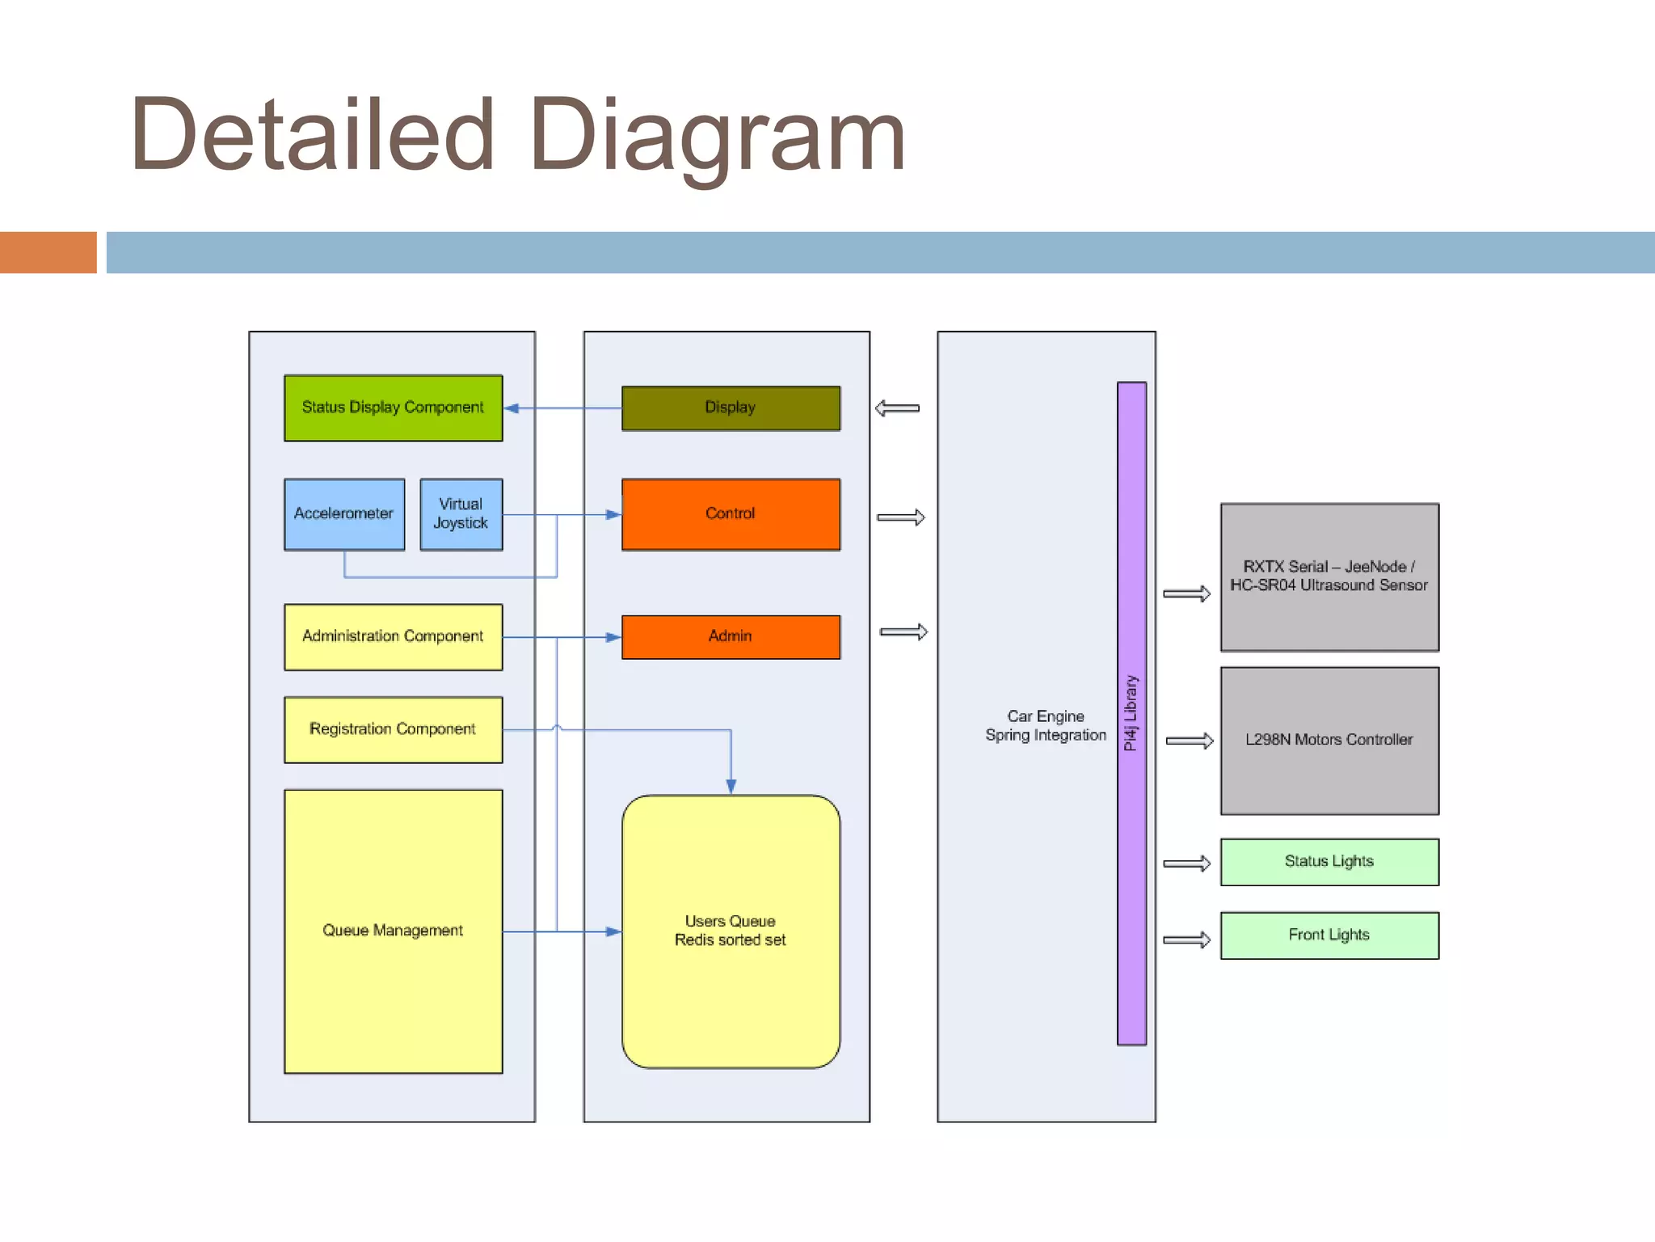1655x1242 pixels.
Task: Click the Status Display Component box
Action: [393, 408]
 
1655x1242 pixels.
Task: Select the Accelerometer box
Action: [344, 514]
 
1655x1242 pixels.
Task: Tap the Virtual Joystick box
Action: [461, 514]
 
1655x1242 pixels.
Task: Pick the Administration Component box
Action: [393, 636]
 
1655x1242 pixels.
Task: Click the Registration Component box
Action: [393, 729]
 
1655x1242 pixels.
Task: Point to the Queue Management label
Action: [393, 931]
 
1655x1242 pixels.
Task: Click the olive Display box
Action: [731, 408]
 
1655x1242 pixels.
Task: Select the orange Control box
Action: [731, 514]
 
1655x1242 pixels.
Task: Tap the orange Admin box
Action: [731, 636]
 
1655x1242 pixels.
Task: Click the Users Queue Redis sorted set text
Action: [731, 931]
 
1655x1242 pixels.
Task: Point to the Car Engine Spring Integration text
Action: [1045, 726]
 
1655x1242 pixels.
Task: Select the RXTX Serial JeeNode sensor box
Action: [1329, 577]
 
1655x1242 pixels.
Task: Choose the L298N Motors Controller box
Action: [1329, 740]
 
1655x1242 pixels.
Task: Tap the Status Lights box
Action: [1329, 862]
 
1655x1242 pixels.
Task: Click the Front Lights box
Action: [1329, 936]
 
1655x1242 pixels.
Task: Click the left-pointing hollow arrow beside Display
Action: [897, 408]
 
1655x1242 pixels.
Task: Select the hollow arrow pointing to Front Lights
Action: [1186, 940]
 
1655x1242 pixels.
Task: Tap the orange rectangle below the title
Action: [48, 252]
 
